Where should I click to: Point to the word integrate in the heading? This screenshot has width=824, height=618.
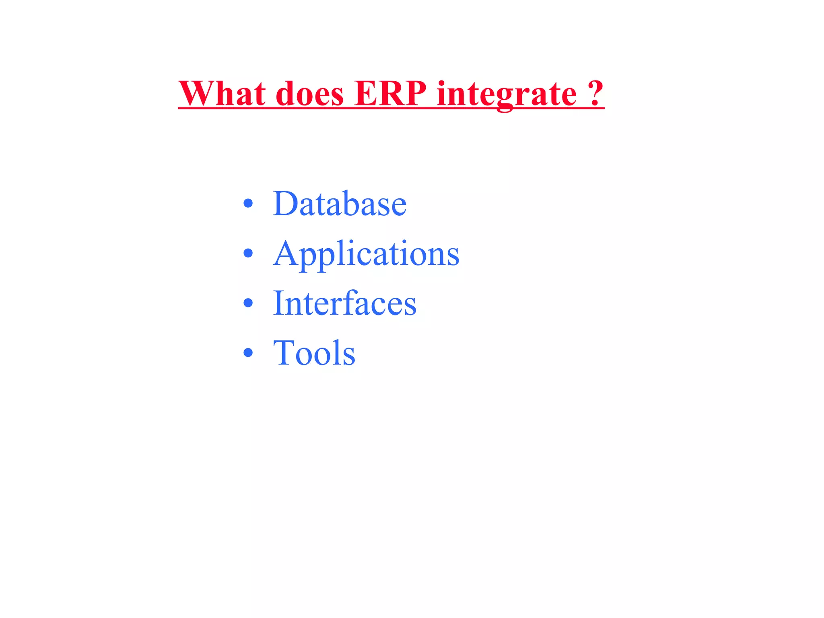507,95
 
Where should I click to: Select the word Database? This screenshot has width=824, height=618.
340,204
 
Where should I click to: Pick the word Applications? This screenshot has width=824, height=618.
366,254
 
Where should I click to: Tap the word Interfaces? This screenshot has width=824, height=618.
345,303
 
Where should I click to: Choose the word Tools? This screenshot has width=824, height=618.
314,353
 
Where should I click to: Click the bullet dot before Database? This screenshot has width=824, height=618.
248,204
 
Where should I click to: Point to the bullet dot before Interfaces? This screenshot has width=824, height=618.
248,303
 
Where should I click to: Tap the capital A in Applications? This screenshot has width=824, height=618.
286,253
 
